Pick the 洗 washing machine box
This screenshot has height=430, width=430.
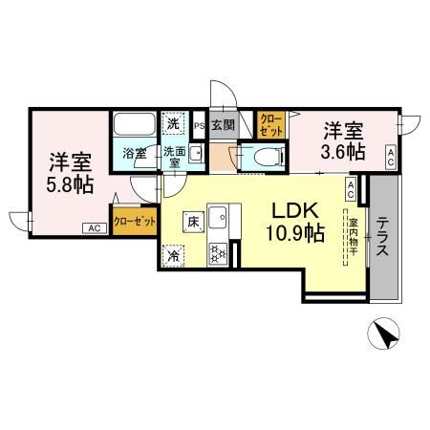pos(173,122)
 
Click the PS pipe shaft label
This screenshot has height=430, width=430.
pos(200,124)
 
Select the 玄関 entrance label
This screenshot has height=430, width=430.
pos(223,124)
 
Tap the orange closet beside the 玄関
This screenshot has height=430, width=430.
pos(270,124)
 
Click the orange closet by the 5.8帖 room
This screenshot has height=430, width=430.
pos(134,219)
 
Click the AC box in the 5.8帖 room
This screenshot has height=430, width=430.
pos(94,228)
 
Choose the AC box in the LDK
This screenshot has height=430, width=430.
pos(351,189)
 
